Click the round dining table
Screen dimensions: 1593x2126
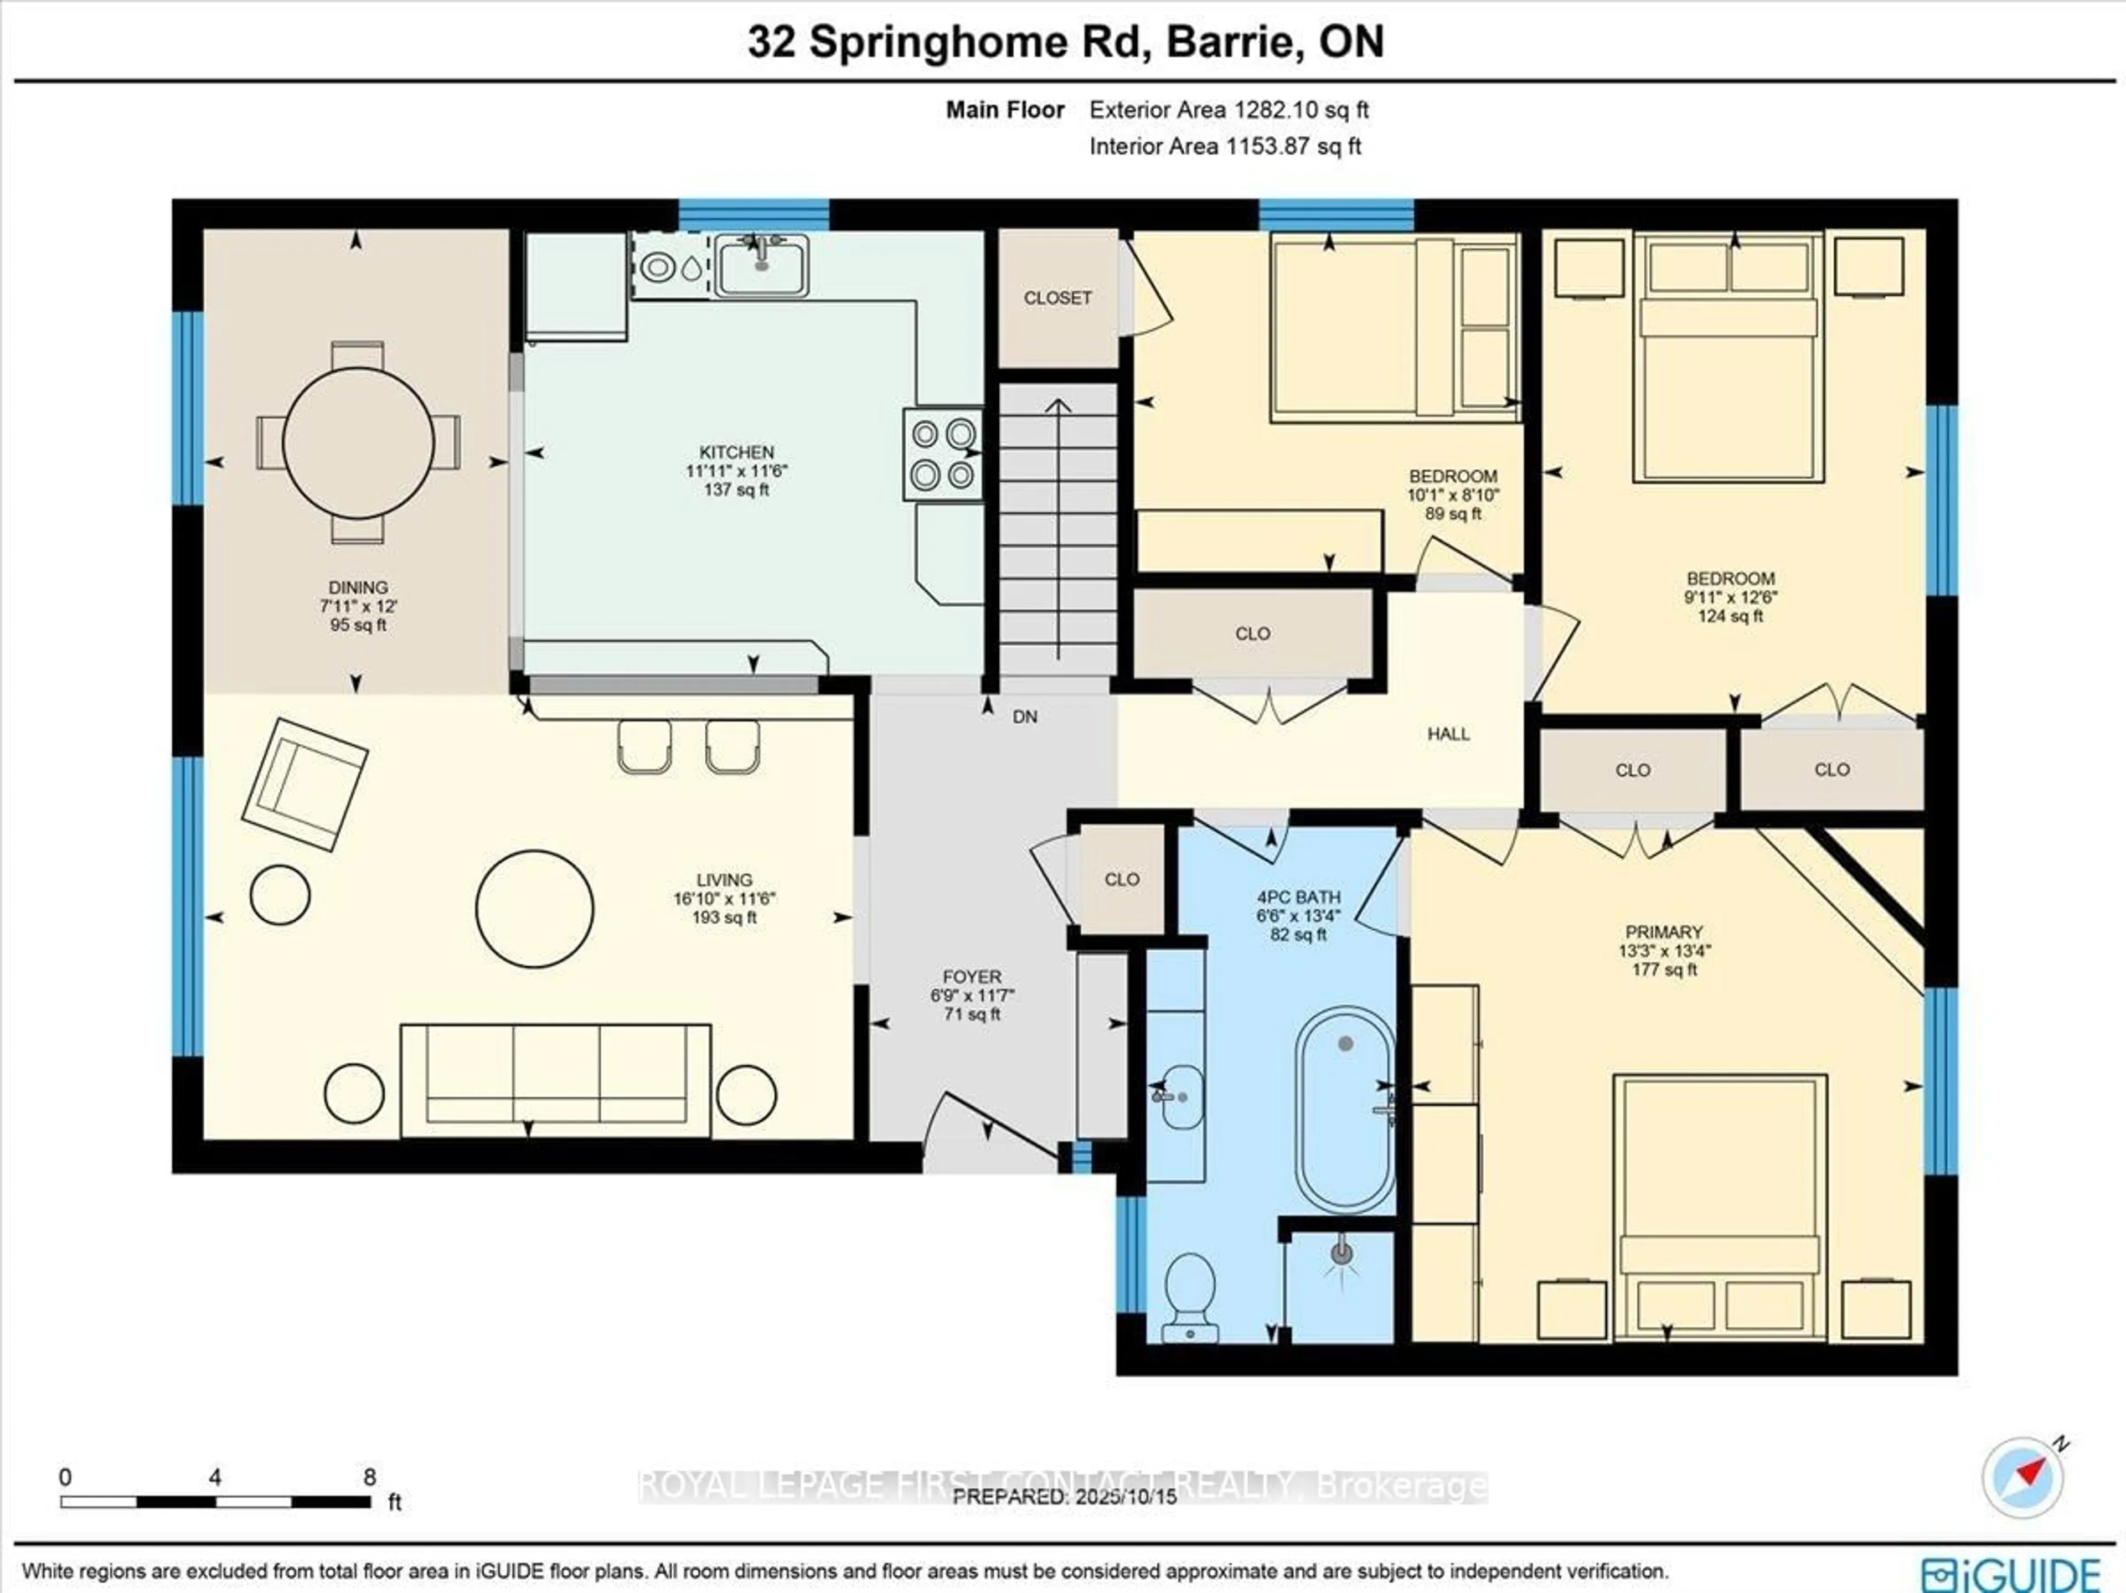tap(359, 443)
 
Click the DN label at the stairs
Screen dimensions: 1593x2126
tap(1025, 717)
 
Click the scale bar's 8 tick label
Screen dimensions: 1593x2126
tap(370, 1477)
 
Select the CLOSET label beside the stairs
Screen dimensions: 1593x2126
tap(1057, 298)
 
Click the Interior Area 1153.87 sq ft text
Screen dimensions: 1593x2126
tap(1225, 146)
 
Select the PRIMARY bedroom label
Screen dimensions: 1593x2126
tap(1664, 931)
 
